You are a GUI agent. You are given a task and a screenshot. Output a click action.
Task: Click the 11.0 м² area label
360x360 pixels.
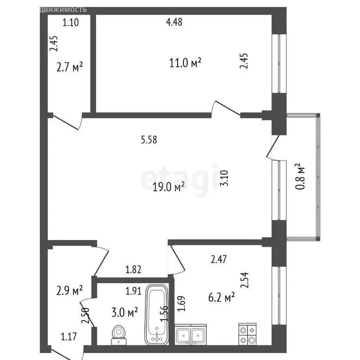(x=185, y=62)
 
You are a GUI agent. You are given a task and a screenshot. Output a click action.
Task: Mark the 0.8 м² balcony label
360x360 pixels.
(x=300, y=176)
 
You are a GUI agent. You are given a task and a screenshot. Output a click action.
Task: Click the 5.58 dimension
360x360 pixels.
(x=149, y=139)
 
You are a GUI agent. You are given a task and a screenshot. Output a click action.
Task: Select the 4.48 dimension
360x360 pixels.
(x=174, y=21)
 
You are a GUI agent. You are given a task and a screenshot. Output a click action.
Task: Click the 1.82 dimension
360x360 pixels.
(x=134, y=270)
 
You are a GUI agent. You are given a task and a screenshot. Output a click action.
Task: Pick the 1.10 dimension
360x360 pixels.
(x=71, y=21)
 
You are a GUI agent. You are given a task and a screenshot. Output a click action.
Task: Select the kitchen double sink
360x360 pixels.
(x=191, y=335)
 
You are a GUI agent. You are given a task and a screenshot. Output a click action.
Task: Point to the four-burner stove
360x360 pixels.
(x=247, y=334)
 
